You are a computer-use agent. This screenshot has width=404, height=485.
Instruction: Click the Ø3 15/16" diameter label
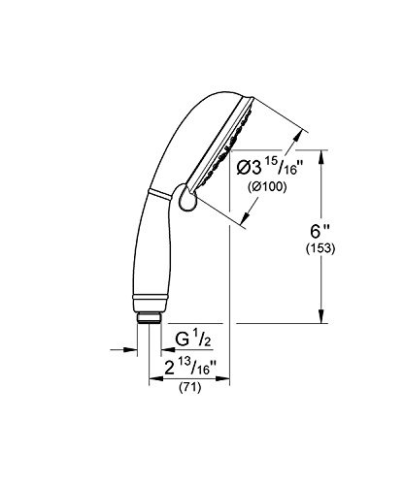(x=269, y=168)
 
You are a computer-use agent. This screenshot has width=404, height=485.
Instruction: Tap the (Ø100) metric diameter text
(x=267, y=187)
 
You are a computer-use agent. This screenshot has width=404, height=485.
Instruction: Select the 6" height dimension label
(x=320, y=232)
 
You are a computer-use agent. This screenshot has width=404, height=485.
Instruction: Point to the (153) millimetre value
(x=320, y=248)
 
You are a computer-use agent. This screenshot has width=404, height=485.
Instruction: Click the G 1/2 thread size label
(x=193, y=339)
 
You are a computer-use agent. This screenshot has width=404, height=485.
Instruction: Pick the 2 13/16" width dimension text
(x=190, y=368)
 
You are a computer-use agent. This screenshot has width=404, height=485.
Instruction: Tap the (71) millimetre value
(x=190, y=387)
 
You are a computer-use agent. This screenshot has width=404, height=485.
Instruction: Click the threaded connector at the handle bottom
(x=149, y=317)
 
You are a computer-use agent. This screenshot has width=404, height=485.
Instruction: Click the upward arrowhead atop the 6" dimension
(x=321, y=158)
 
